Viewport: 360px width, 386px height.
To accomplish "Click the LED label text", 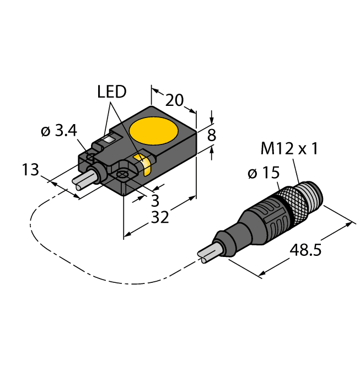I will click(112, 92).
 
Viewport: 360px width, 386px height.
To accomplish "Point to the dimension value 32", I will click(160, 217).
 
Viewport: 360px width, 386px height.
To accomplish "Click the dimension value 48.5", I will click(306, 251).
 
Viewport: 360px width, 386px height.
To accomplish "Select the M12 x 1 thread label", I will click(289, 148).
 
